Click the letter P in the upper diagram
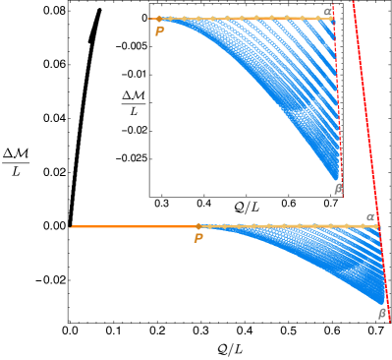pyautogui.click(x=159, y=31)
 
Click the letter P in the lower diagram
pyautogui.click(x=198, y=238)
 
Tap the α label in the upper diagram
pyautogui.click(x=327, y=12)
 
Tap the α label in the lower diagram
pyautogui.click(x=370, y=217)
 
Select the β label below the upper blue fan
pyautogui.click(x=338, y=189)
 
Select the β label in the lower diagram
pyautogui.click(x=382, y=314)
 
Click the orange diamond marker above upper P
pyautogui.click(x=159, y=19)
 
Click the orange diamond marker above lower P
pyautogui.click(x=198, y=226)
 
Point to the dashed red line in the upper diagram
pyautogui.click(x=337, y=98)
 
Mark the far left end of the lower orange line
pyautogui.click(x=71, y=226)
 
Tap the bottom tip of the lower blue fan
pyautogui.click(x=382, y=303)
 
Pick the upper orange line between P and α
pyautogui.click(x=246, y=18)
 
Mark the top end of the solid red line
pyautogui.click(x=353, y=1)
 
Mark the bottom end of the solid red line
pyautogui.click(x=389, y=321)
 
